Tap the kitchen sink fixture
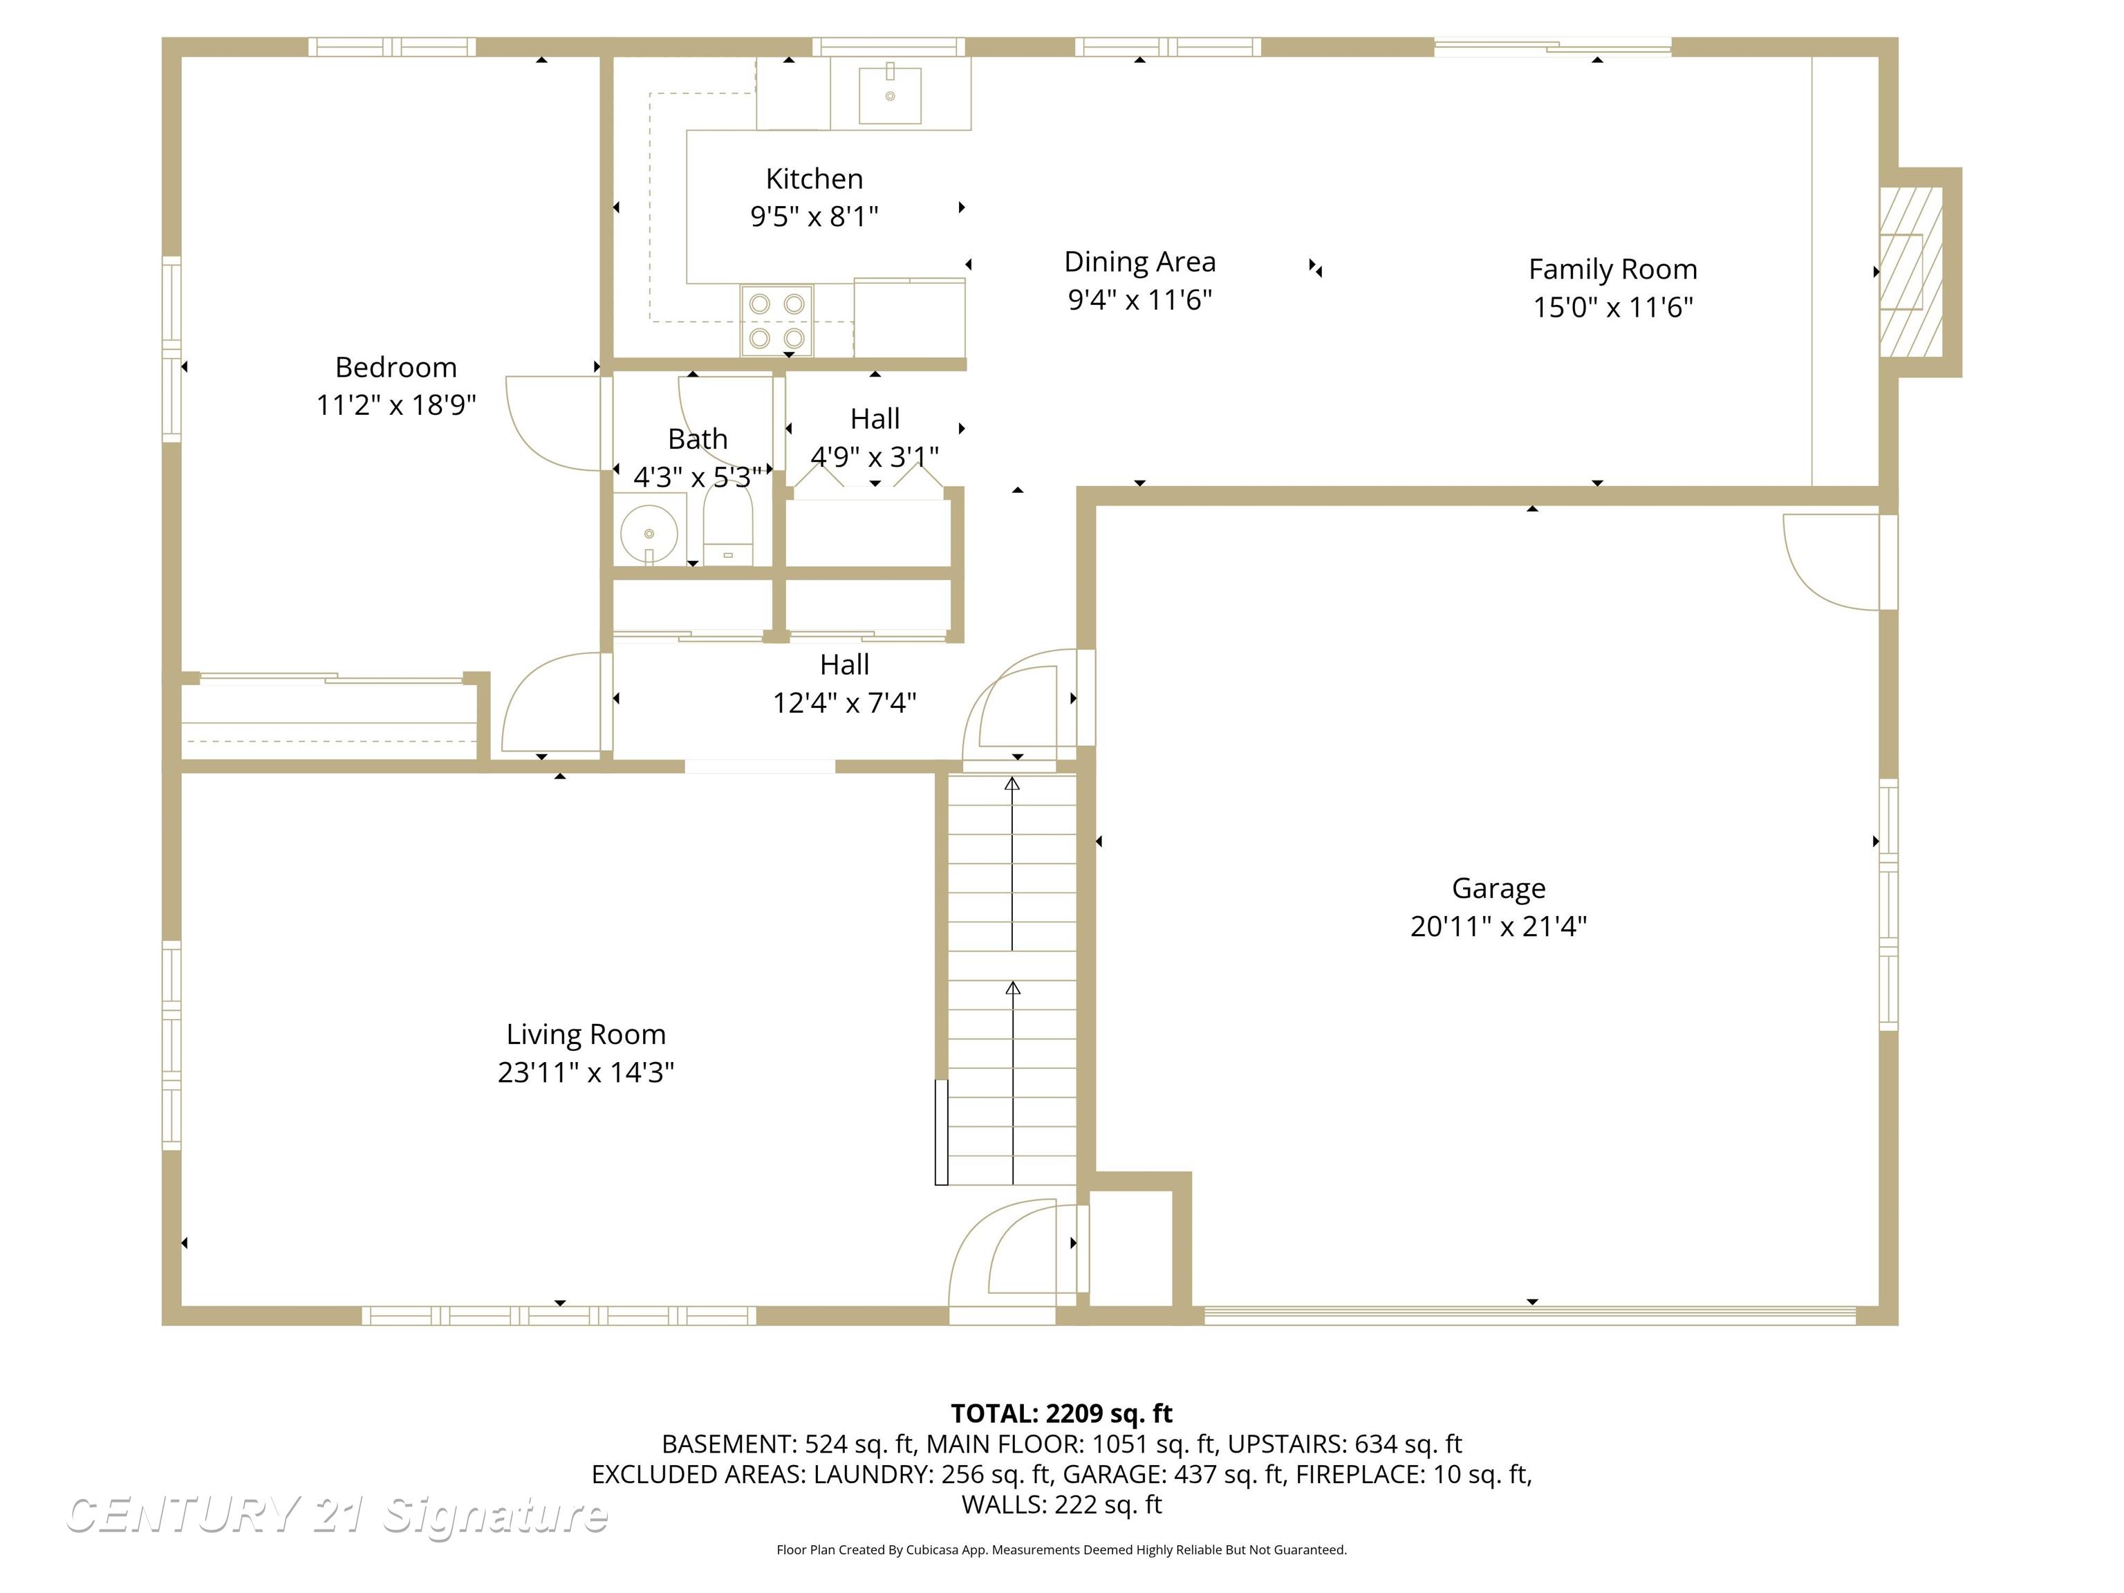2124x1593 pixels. [x=889, y=93]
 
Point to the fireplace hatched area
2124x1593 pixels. [x=1911, y=272]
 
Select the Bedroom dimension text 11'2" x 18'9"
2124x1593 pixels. [x=395, y=405]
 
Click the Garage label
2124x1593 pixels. [x=1498, y=888]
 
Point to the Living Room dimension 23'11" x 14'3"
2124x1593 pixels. [x=586, y=1072]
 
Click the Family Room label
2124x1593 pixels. [x=1612, y=269]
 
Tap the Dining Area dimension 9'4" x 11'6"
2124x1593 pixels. [x=1139, y=299]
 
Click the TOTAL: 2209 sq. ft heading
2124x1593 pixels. [x=1061, y=1413]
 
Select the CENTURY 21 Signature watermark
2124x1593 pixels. [x=336, y=1516]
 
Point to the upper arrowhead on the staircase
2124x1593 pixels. [x=1012, y=785]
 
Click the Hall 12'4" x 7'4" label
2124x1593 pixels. [x=844, y=684]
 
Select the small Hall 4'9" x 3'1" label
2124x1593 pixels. [x=874, y=437]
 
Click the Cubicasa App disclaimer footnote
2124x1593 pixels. [x=1061, y=1550]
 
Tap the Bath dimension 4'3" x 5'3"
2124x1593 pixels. [x=697, y=477]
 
